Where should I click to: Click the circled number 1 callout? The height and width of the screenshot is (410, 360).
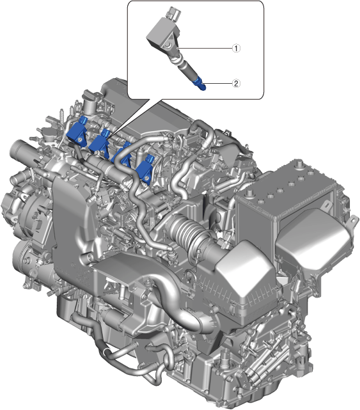tap(236, 49)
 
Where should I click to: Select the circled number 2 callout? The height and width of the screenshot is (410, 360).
tap(236, 83)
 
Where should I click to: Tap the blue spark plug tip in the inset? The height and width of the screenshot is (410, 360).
tap(201, 83)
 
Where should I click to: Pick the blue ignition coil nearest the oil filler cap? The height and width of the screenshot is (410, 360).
tap(77, 132)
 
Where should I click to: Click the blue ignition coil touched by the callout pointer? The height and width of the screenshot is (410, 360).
tap(100, 143)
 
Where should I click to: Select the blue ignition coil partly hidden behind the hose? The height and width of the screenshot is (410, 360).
tap(122, 155)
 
